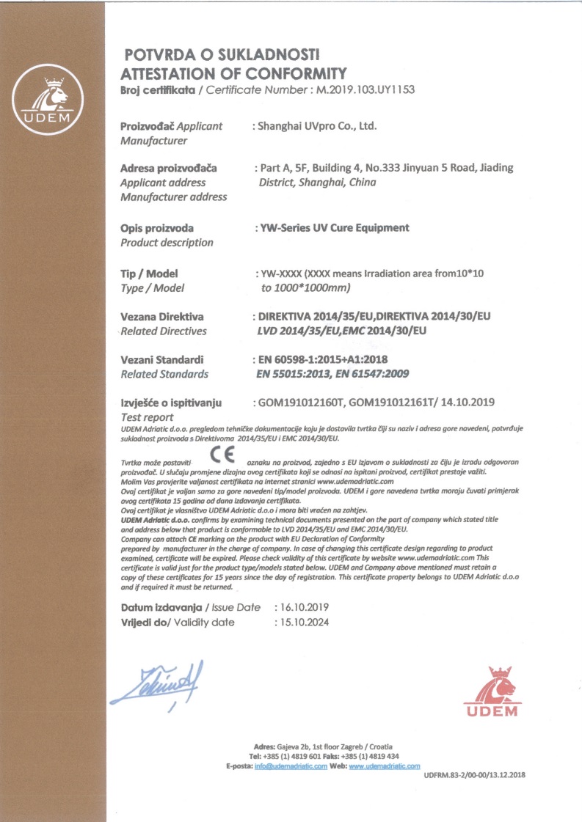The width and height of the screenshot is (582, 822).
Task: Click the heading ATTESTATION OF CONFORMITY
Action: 233,73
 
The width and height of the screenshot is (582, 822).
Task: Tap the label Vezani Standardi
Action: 161,359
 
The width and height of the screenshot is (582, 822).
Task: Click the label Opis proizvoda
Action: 156,228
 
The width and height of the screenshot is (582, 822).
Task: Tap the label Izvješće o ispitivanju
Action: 175,403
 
